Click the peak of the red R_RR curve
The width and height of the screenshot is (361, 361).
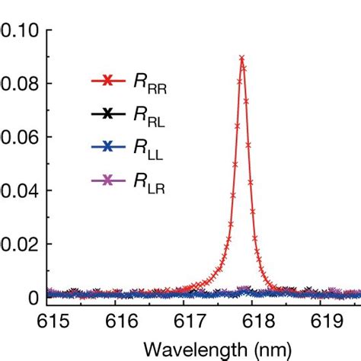coord(241,58)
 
